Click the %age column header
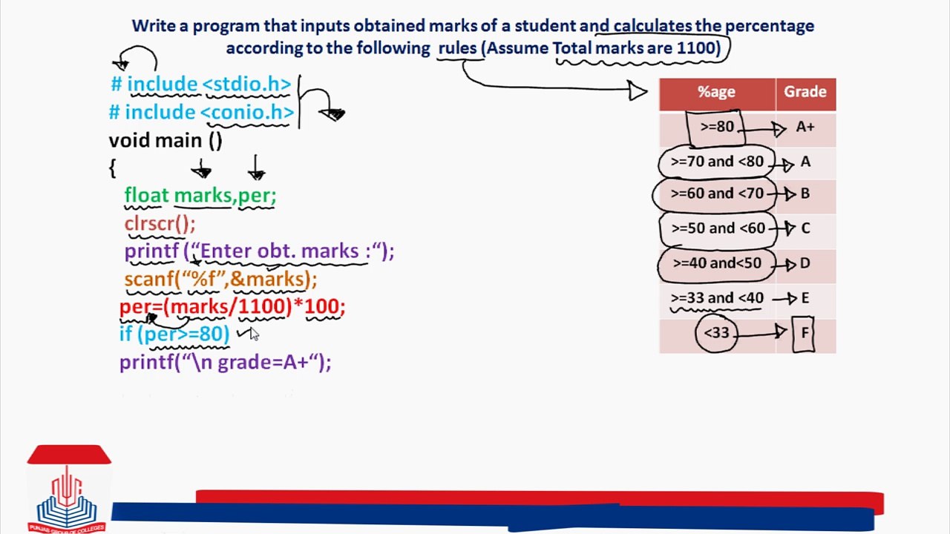tap(716, 92)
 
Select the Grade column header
tap(805, 92)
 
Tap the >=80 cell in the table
tap(716, 127)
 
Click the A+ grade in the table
tap(805, 127)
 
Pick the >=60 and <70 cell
tap(716, 194)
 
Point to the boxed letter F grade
tap(804, 333)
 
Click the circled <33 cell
tap(716, 333)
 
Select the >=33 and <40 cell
tap(716, 298)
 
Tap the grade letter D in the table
tap(805, 263)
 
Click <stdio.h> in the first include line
tap(247, 85)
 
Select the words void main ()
tap(166, 140)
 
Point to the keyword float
tap(146, 196)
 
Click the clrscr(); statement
tap(160, 223)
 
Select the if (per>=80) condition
tap(174, 334)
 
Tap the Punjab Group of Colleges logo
tap(68, 489)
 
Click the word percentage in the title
tap(769, 26)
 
